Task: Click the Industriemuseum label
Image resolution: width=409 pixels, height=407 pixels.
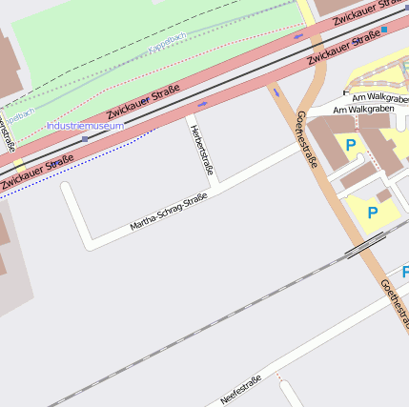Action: coord(84,126)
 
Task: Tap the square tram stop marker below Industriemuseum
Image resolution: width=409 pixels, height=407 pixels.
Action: coord(85,139)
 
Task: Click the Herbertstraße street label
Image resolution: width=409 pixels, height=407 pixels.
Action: coord(200,150)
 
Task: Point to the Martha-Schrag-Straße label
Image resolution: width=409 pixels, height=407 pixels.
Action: coord(169,212)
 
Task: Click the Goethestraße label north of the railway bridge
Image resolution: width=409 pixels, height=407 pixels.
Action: coord(306,139)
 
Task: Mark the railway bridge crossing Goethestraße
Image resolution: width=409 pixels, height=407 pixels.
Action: coord(365,248)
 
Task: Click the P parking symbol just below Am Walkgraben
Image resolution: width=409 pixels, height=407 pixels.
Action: coord(351,145)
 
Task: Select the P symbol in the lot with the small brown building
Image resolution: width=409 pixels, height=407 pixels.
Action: coord(372,213)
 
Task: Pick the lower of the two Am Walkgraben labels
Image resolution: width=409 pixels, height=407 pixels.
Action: coord(372,110)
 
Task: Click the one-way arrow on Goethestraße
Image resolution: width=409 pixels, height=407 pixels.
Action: coord(276,92)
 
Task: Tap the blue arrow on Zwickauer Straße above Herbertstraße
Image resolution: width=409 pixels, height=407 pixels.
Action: coord(202,103)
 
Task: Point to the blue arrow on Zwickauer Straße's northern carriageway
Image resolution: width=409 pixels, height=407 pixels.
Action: coord(298,37)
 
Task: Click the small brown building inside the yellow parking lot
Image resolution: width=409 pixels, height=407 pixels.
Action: coord(383,194)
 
